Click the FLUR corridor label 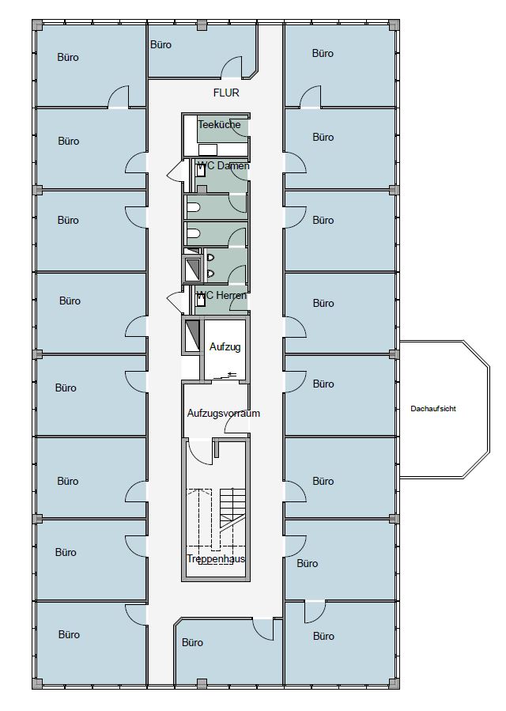coord(226,93)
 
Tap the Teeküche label coord(218,125)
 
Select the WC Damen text coord(224,166)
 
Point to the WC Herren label coord(223,295)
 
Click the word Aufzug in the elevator coord(225,347)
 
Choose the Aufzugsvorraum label coord(223,414)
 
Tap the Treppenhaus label coord(216,558)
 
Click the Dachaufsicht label coord(433,409)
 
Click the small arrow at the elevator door coord(231,375)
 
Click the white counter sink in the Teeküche coord(208,149)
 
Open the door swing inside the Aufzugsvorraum coord(238,424)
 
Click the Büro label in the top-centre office coord(160,45)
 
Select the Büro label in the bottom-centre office coord(192,642)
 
